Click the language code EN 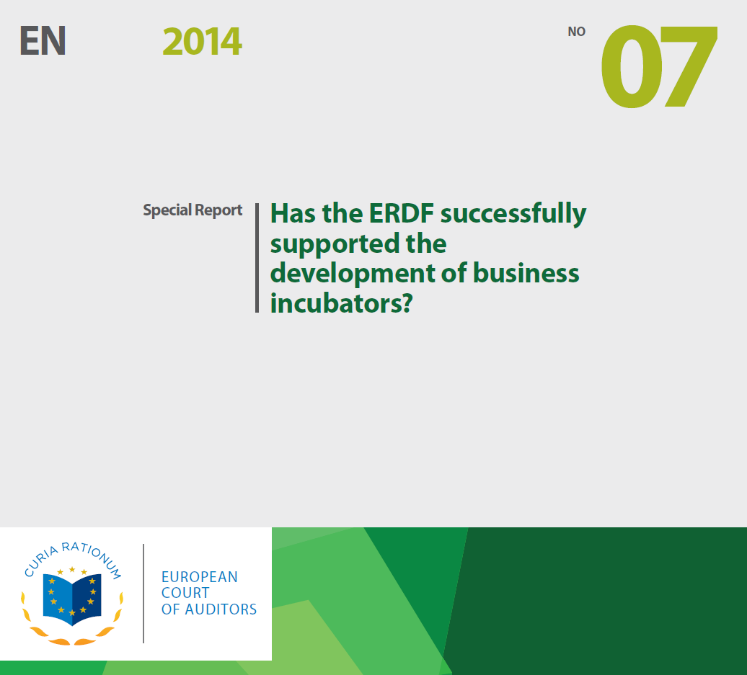pyautogui.click(x=43, y=42)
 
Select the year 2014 pyautogui.click(x=202, y=42)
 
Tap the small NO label pyautogui.click(x=576, y=32)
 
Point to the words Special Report pyautogui.click(x=193, y=210)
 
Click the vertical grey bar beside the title pyautogui.click(x=257, y=257)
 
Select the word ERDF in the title pyautogui.click(x=397, y=213)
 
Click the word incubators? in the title pyautogui.click(x=340, y=303)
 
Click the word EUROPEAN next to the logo pyautogui.click(x=199, y=577)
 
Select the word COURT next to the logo pyautogui.click(x=185, y=593)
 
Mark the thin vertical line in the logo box pyautogui.click(x=143, y=593)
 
